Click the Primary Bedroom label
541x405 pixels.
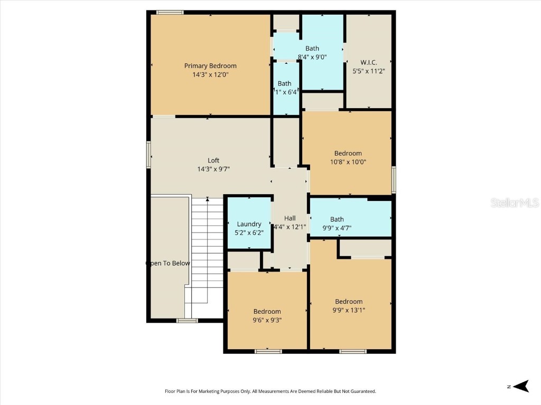210,66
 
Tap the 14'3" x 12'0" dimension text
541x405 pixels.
210,75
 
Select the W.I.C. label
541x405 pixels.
368,62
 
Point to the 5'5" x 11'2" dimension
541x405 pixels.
368,71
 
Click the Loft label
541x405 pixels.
213,160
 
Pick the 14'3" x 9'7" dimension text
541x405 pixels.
213,169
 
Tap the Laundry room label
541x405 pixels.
249,224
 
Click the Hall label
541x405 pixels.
290,218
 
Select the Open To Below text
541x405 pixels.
168,263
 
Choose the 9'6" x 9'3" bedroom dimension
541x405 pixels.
267,320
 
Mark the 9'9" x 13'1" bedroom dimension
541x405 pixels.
349,310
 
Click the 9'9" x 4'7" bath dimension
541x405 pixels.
337,228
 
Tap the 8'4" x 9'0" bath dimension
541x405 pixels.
312,57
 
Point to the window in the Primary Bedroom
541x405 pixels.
170,12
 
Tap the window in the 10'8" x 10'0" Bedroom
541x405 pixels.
394,180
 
